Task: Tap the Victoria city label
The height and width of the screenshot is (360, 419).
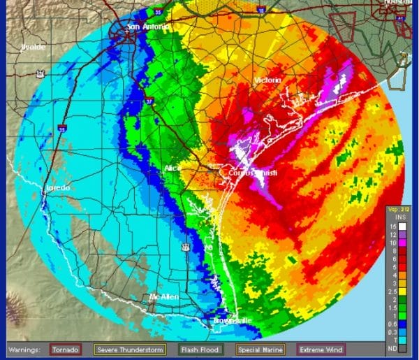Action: [267, 80]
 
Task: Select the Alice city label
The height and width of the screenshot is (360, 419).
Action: [172, 168]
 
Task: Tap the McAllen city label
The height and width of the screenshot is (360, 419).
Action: [164, 297]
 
